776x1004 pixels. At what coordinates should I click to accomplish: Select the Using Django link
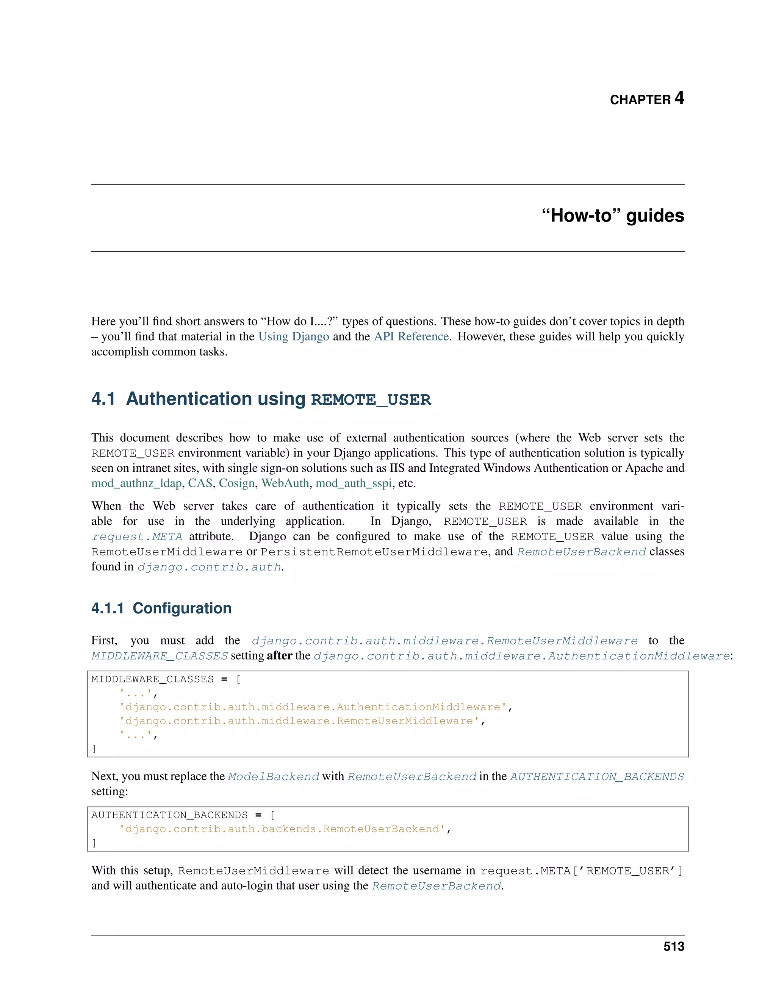tap(293, 336)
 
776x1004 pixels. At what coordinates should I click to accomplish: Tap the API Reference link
tap(411, 336)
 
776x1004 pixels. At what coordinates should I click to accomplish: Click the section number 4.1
tap(103, 399)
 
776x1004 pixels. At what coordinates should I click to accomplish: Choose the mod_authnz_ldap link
tap(136, 483)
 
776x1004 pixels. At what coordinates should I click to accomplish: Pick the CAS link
tap(200, 483)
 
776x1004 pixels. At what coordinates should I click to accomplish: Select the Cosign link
tap(237, 483)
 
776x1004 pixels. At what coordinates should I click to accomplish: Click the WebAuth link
tap(285, 483)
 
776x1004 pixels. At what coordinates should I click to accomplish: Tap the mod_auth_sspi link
tap(354, 483)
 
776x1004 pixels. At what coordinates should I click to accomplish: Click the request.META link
tap(137, 537)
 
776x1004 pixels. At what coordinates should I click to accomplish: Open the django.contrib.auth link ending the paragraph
tap(209, 567)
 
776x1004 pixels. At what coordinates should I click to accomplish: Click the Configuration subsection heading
tap(182, 608)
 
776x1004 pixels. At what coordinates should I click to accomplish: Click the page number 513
tap(673, 946)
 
